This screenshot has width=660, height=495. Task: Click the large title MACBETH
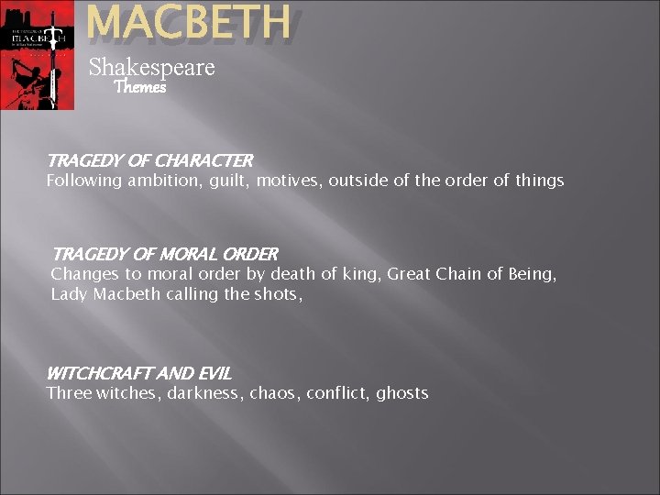click(189, 25)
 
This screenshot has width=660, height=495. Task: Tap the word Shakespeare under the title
click(151, 67)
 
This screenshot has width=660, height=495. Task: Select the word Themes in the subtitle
click(139, 88)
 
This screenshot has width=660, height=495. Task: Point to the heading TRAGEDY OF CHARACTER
click(149, 160)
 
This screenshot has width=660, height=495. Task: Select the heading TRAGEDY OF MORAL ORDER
click(165, 253)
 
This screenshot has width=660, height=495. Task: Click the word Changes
click(85, 273)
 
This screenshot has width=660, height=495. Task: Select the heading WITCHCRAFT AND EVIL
click(138, 373)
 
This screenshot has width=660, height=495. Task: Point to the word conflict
click(337, 393)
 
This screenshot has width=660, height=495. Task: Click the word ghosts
click(402, 393)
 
